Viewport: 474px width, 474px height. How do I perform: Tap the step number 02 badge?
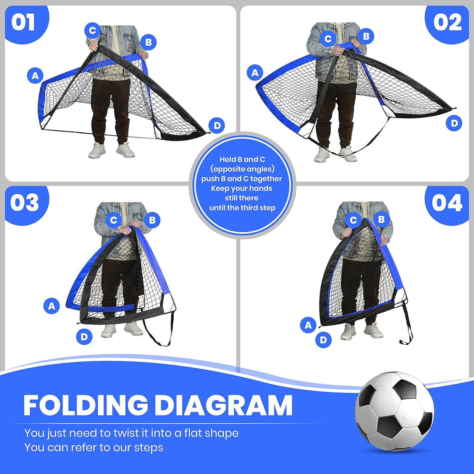(x=448, y=22)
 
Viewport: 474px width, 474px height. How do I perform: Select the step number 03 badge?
(x=25, y=203)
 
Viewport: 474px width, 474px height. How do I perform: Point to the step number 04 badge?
(x=447, y=203)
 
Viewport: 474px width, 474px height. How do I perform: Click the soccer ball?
(x=394, y=411)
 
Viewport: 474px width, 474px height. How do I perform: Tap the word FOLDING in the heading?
(x=86, y=406)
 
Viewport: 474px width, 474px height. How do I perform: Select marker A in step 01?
(x=35, y=75)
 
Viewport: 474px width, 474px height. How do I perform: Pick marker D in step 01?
(x=217, y=125)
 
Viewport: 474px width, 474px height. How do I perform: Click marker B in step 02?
(x=366, y=36)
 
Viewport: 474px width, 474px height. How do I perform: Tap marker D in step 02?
(x=454, y=123)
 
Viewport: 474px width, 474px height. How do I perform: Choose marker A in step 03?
(x=52, y=306)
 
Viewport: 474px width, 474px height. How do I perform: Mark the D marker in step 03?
(x=84, y=336)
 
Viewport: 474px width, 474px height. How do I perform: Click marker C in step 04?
(x=353, y=220)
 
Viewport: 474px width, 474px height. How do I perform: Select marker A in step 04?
(x=308, y=325)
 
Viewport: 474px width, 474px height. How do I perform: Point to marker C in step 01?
(x=93, y=30)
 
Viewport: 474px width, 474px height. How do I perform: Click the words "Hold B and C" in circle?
(x=242, y=159)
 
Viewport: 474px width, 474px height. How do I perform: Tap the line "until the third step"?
(x=242, y=208)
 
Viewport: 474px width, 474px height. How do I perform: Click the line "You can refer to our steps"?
(x=94, y=447)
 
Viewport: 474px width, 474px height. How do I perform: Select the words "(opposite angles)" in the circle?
(x=242, y=169)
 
